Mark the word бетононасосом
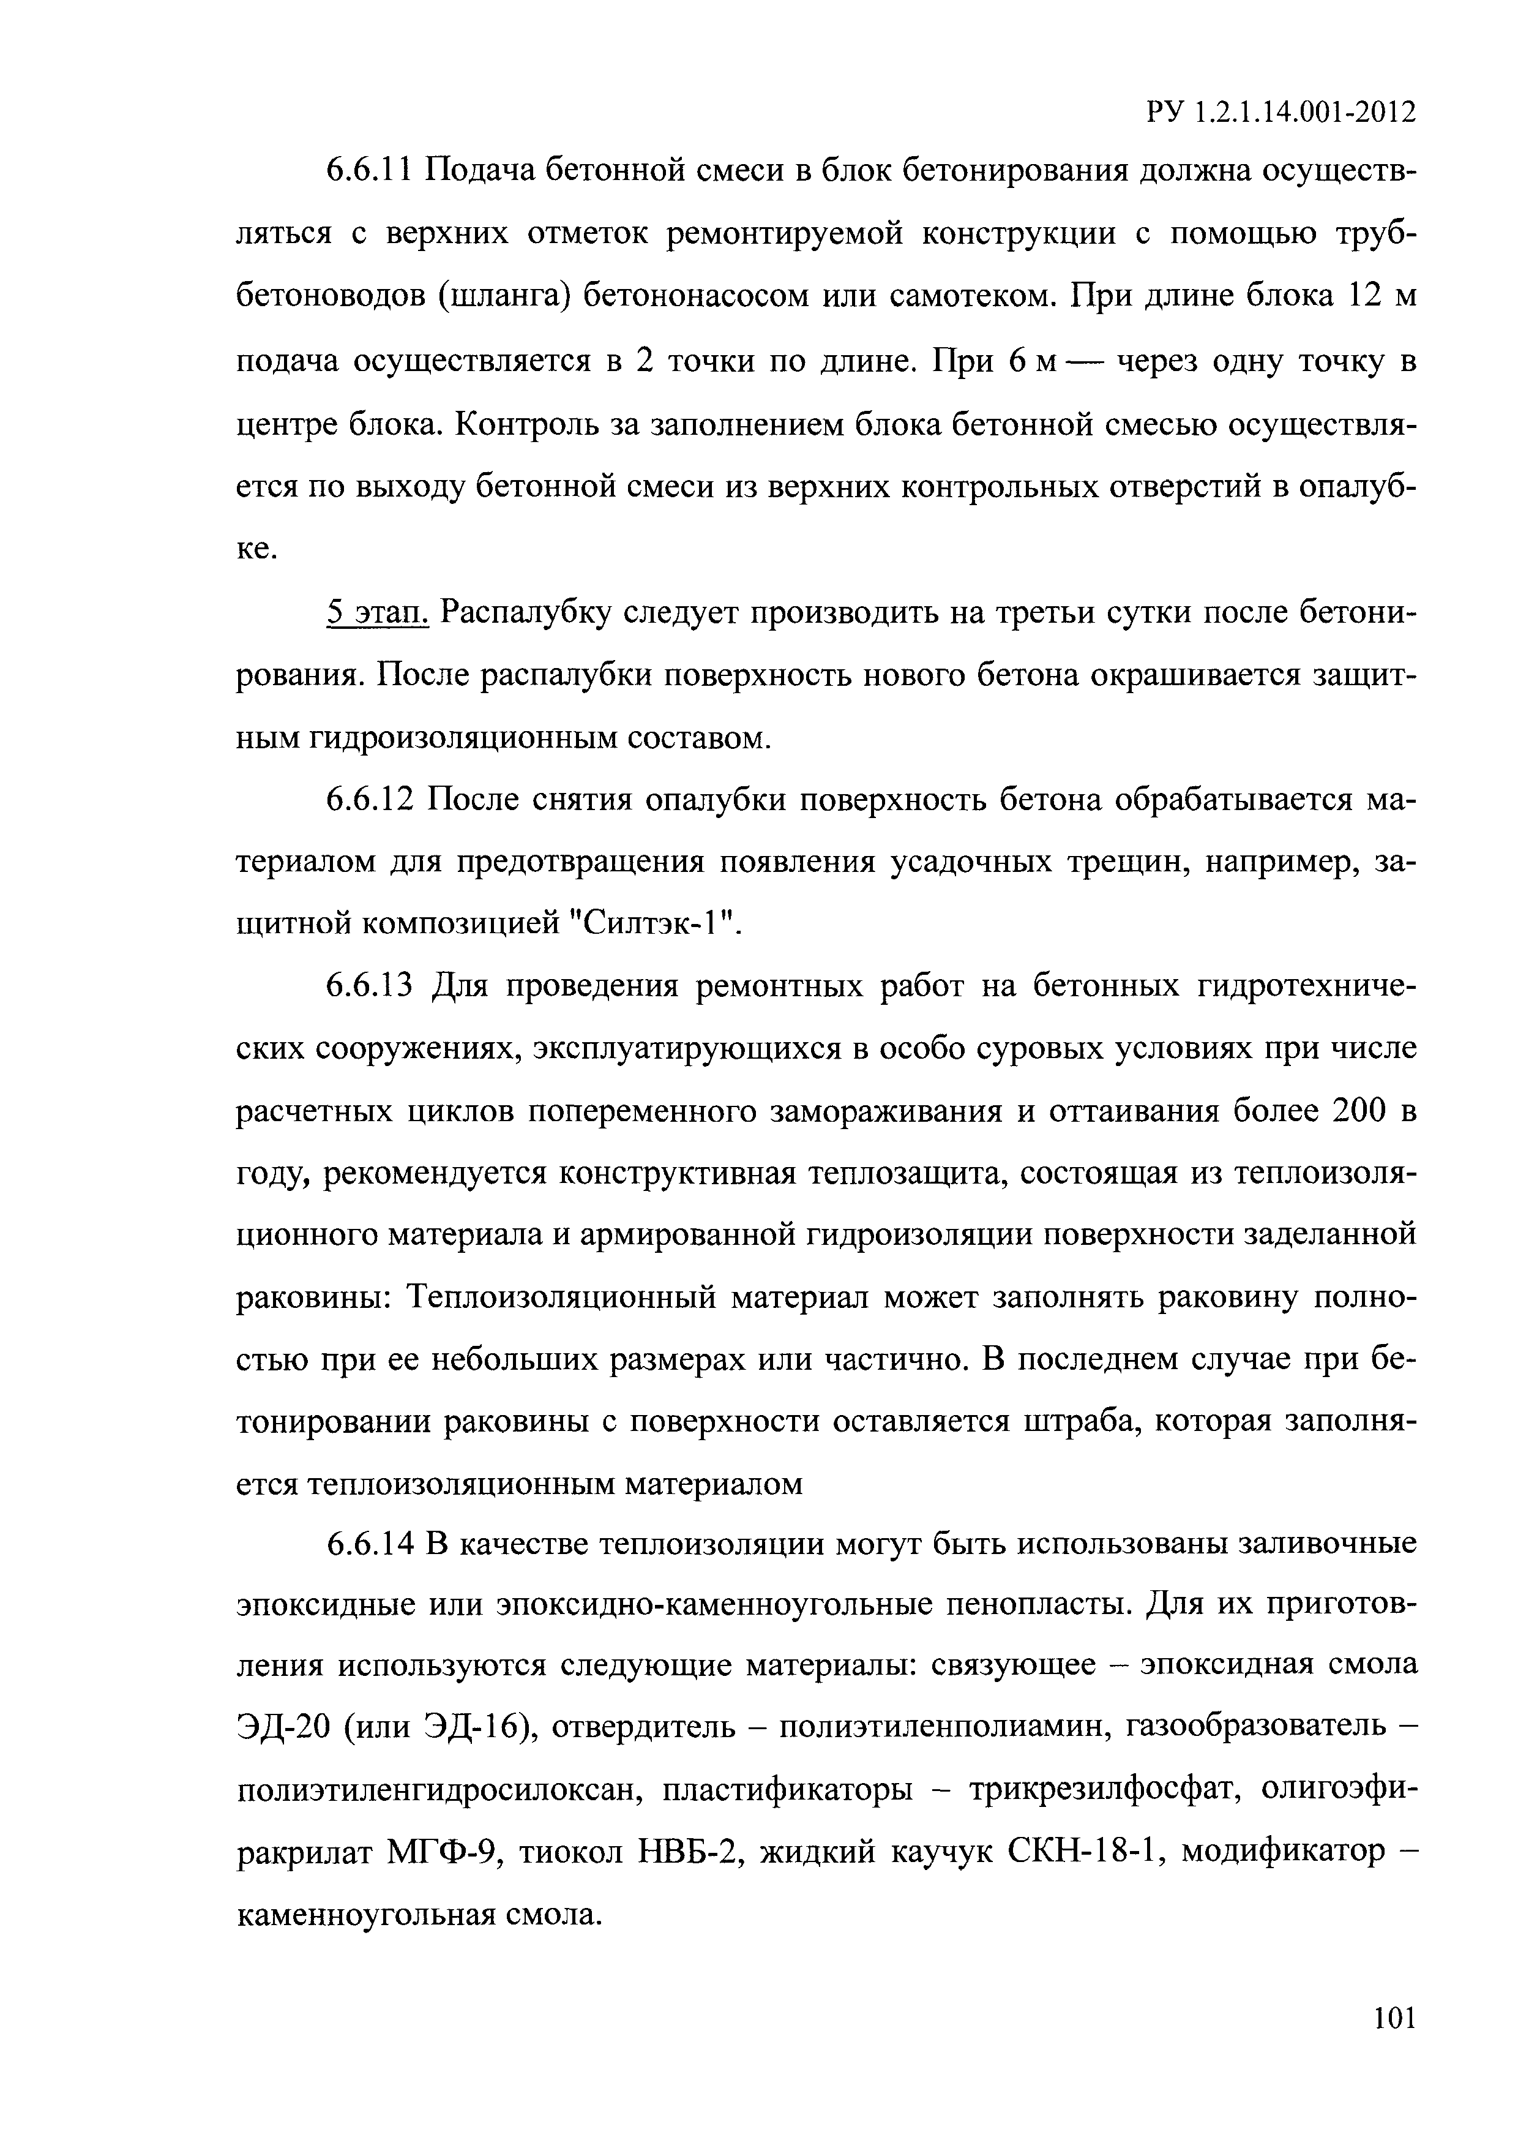(693, 298)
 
